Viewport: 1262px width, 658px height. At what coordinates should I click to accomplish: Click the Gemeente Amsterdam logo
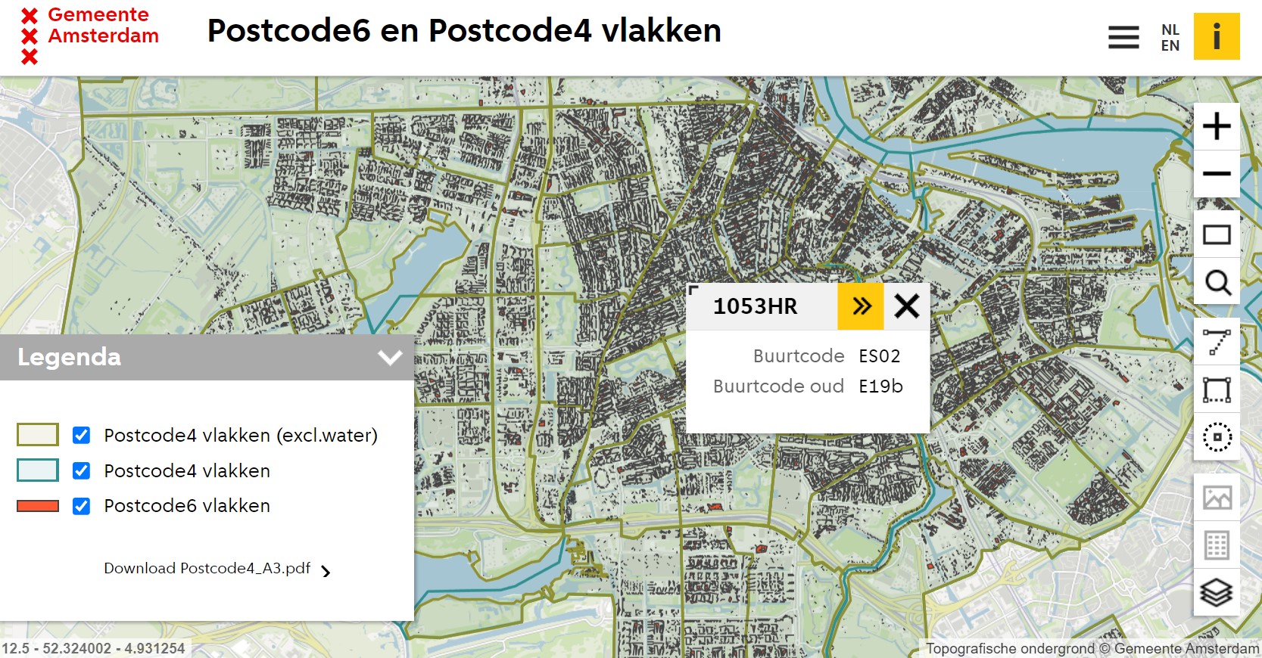tap(89, 35)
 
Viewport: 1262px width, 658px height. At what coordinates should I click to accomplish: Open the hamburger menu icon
tap(1123, 37)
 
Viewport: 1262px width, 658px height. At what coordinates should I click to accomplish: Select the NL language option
tap(1170, 29)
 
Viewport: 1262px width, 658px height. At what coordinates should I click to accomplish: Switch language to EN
tap(1170, 45)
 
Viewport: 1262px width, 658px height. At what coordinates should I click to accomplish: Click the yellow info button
tap(1217, 36)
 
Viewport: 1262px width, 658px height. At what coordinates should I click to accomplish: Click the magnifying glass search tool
tap(1217, 282)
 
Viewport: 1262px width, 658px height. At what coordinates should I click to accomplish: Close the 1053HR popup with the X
tap(906, 306)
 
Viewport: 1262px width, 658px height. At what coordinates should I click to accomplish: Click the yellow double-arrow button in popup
tap(861, 306)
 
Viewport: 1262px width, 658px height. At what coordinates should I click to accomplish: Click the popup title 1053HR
tap(755, 306)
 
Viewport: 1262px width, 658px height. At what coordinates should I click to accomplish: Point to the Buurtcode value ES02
tap(879, 356)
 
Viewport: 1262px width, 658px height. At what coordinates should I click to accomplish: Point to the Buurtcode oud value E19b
tap(880, 386)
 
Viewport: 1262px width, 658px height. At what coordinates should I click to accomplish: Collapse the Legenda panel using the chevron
tap(390, 357)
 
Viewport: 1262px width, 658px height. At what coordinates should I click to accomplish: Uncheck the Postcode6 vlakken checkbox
tap(81, 506)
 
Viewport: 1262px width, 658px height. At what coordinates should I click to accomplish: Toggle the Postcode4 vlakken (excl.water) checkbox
tap(81, 435)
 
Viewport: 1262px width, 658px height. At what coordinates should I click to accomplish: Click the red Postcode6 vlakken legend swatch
tap(38, 506)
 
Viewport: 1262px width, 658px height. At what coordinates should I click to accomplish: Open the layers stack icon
tap(1217, 592)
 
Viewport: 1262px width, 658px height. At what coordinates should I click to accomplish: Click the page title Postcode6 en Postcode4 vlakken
tap(464, 31)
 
